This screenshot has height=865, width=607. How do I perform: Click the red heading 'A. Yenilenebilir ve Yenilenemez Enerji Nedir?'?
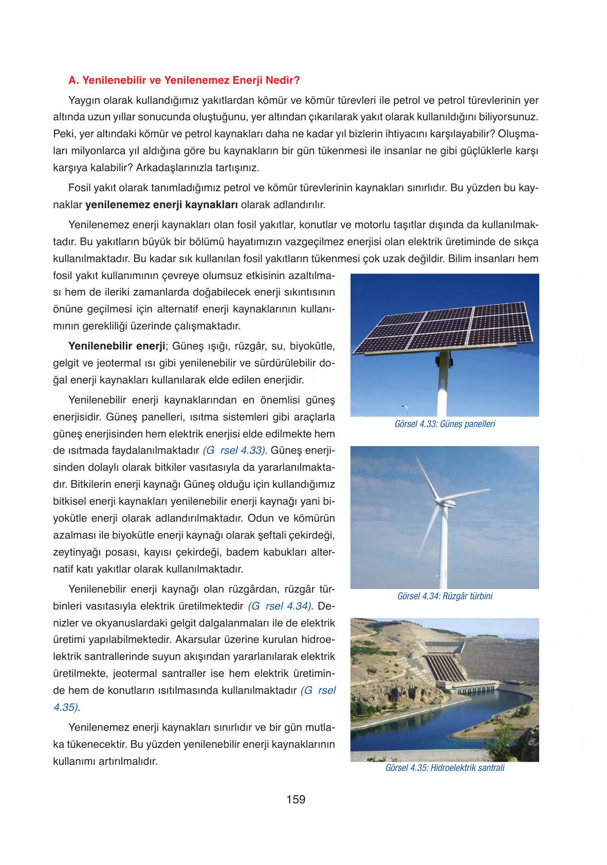183,81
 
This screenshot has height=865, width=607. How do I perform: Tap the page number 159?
296,799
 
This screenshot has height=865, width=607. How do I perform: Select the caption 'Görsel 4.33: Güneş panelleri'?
445,424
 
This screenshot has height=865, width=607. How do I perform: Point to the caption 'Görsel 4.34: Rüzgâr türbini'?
445,596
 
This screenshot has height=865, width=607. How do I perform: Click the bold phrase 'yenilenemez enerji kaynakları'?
161,205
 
